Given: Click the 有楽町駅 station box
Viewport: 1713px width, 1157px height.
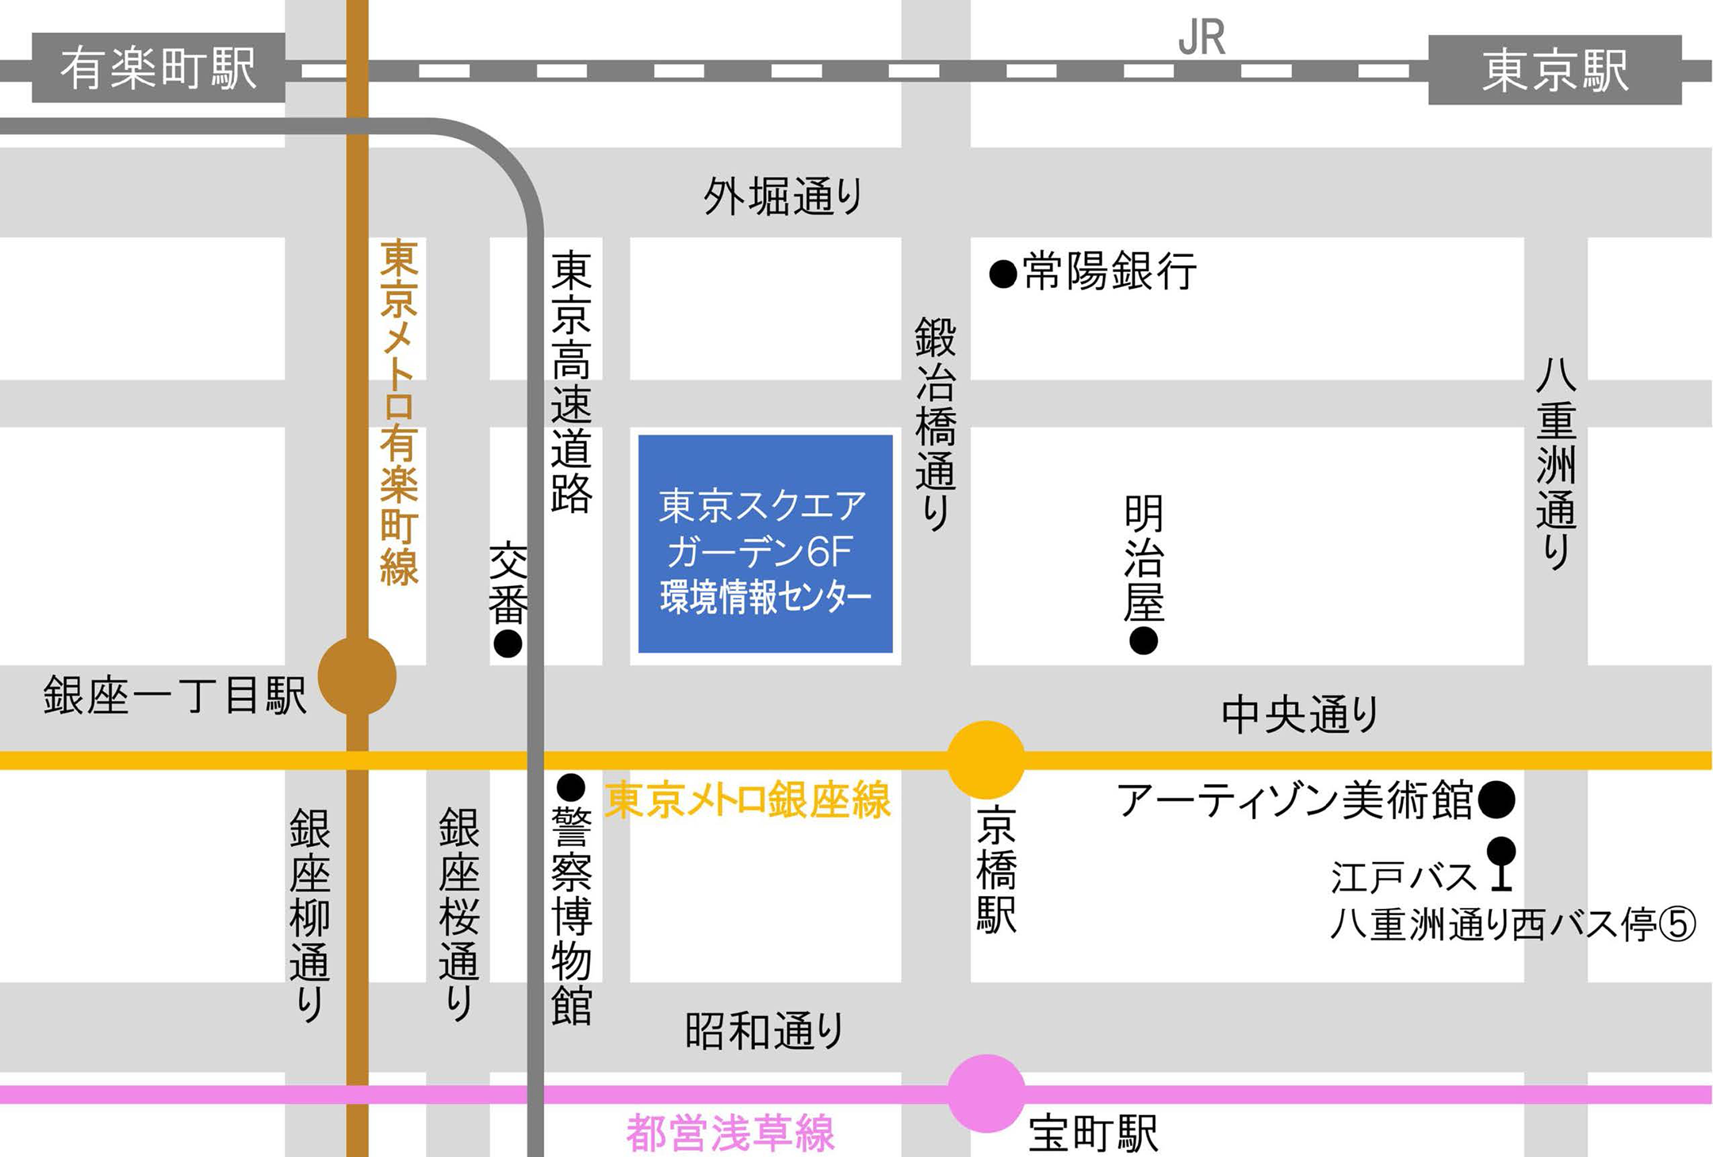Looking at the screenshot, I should (x=159, y=67).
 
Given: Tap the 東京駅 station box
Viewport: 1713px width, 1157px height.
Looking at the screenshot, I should (x=1554, y=70).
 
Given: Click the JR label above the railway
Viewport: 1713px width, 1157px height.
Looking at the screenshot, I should (x=1201, y=37).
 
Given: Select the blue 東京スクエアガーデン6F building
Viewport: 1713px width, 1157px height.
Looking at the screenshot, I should (x=765, y=544).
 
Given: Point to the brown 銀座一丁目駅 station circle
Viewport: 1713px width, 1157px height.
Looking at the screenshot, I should (x=357, y=676).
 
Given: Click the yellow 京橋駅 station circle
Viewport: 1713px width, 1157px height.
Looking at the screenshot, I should (x=986, y=759).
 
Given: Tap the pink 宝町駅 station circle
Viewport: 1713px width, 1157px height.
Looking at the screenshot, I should (x=986, y=1093).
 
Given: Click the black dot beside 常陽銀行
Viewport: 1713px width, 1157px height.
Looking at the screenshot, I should (x=1003, y=274).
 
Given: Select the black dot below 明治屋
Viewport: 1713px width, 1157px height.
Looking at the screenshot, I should (x=1143, y=640).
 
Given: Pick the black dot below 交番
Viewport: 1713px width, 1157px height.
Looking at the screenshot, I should (x=508, y=643).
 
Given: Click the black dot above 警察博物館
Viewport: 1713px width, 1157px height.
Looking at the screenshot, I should (x=571, y=787).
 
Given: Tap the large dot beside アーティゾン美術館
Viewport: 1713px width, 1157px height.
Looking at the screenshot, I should (x=1496, y=799).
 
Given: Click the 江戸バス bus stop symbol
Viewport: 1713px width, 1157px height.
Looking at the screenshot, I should (x=1500, y=863).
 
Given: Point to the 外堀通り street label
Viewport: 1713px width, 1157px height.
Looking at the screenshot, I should (x=783, y=196).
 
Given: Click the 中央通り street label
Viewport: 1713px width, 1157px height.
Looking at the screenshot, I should (x=1299, y=714).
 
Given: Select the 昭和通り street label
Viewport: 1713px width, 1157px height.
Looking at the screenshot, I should (x=764, y=1031).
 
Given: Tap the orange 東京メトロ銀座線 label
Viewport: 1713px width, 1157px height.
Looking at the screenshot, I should (x=747, y=799).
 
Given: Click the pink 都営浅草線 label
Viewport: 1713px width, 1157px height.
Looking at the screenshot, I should (x=730, y=1132).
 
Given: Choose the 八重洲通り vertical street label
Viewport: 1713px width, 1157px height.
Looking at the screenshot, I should (x=1556, y=464).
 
